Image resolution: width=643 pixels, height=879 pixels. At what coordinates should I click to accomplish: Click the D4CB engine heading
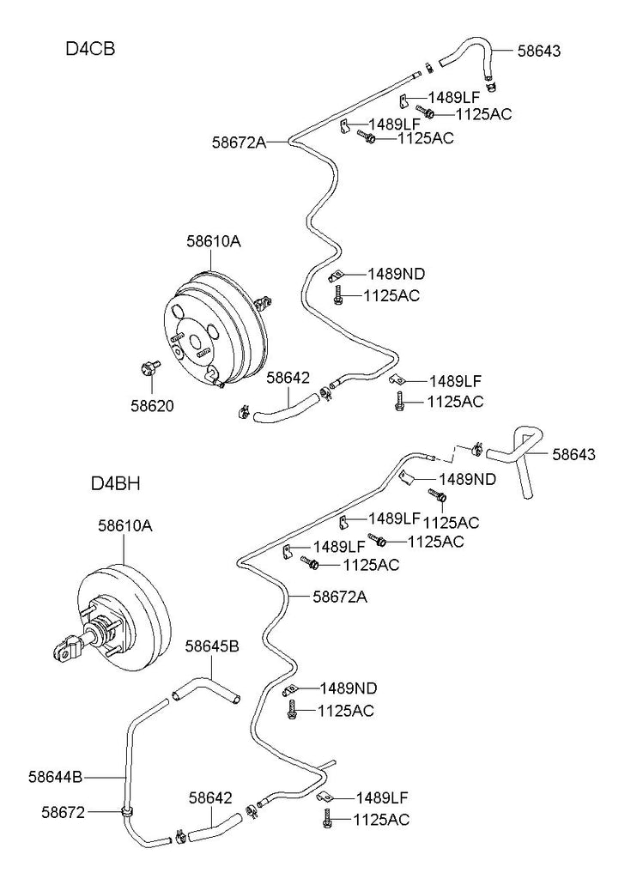click(x=90, y=48)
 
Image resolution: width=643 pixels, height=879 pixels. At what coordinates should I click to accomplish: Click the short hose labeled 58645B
click(x=205, y=686)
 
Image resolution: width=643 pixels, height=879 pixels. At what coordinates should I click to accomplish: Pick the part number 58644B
click(x=55, y=778)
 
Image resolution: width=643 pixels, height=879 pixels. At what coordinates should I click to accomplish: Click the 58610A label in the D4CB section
click(x=214, y=242)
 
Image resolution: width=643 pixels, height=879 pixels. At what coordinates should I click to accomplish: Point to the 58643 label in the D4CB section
click(x=538, y=51)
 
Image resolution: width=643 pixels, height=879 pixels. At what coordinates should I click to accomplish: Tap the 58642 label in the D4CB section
click(x=287, y=377)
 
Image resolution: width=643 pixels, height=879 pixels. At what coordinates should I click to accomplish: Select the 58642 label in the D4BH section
click(x=210, y=798)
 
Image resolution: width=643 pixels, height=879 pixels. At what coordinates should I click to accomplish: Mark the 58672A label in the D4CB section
click(x=240, y=142)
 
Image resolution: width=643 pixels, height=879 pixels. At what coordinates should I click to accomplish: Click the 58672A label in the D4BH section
click(x=339, y=595)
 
